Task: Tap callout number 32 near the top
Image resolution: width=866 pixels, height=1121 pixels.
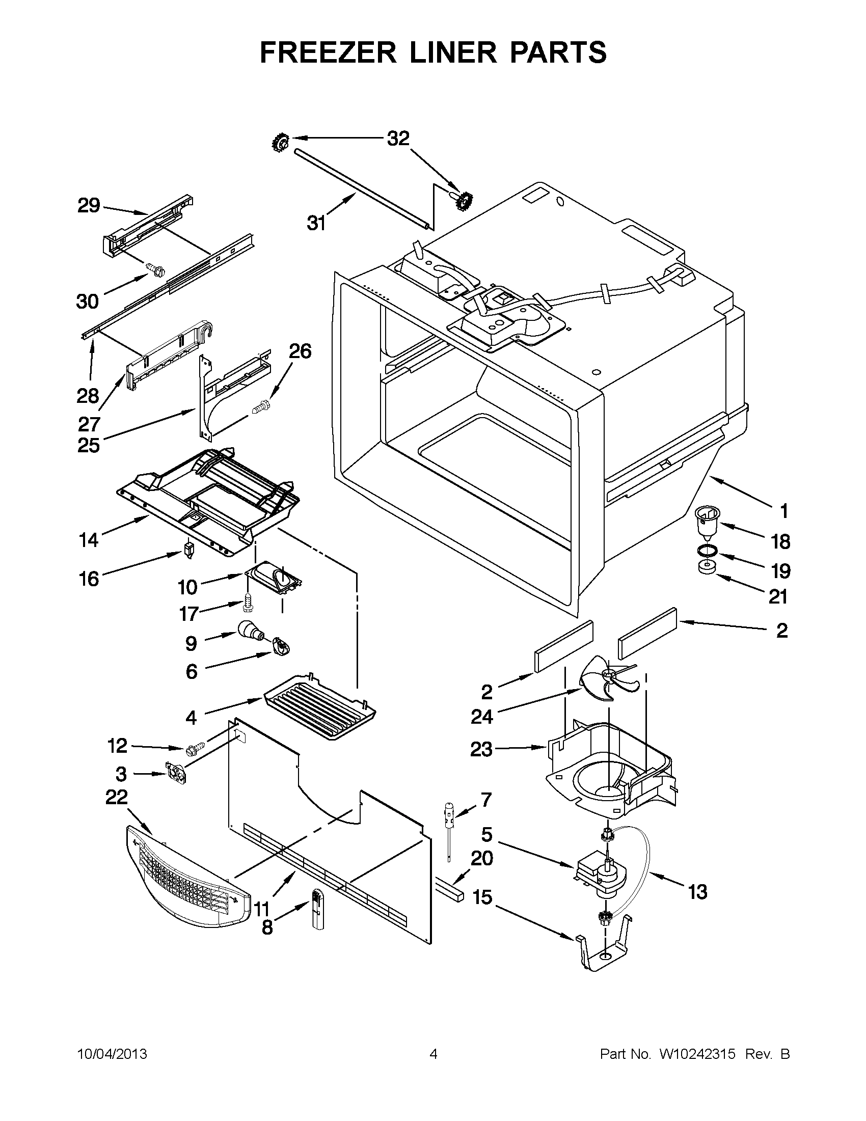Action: (x=398, y=139)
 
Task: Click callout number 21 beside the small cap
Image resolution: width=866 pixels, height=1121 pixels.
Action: (x=779, y=596)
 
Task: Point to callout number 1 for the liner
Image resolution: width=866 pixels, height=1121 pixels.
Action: (x=784, y=511)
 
